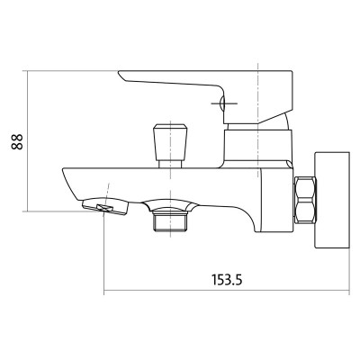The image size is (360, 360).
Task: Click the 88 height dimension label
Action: pos(17,142)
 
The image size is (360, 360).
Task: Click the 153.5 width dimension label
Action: pos(227,280)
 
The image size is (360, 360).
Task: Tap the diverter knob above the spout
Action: pos(170,142)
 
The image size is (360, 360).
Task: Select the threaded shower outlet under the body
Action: pos(170,221)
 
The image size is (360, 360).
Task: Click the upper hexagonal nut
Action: pos(305,187)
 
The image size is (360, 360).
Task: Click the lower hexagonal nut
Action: pos(305,211)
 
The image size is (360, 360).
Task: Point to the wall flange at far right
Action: pos(332,201)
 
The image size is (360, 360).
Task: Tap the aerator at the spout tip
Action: pos(105,206)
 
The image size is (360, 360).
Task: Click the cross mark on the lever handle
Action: pos(224,103)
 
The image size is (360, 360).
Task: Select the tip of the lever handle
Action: pos(119,72)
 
